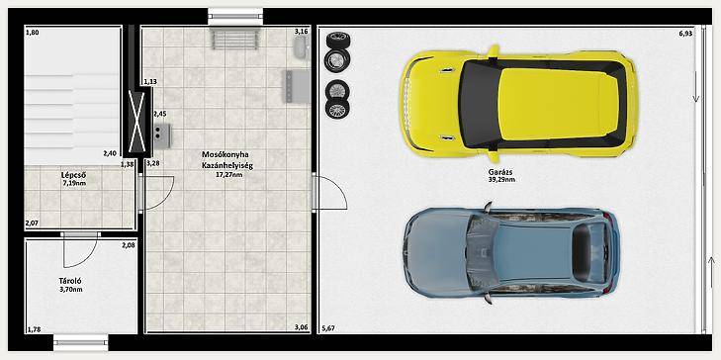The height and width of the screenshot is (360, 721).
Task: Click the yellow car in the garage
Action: point(518,104)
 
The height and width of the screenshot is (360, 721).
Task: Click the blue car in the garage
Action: point(511,252)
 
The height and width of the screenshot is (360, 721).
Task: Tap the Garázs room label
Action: point(500,172)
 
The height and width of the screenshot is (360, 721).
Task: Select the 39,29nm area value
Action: point(501,180)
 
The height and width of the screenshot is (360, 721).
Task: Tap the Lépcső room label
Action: point(74,175)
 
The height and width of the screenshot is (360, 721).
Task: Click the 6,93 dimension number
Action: point(685,33)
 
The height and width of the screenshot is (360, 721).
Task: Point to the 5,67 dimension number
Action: point(328,328)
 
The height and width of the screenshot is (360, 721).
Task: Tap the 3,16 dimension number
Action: point(301,32)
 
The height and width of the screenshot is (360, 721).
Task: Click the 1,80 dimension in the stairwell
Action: point(33,33)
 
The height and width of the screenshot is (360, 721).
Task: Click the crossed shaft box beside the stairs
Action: point(137,121)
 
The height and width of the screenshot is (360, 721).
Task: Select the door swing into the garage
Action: point(329,192)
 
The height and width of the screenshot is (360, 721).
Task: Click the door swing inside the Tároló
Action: point(80,250)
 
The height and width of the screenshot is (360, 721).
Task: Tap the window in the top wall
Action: point(235,17)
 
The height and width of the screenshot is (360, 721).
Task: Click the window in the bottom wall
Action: point(81,342)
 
